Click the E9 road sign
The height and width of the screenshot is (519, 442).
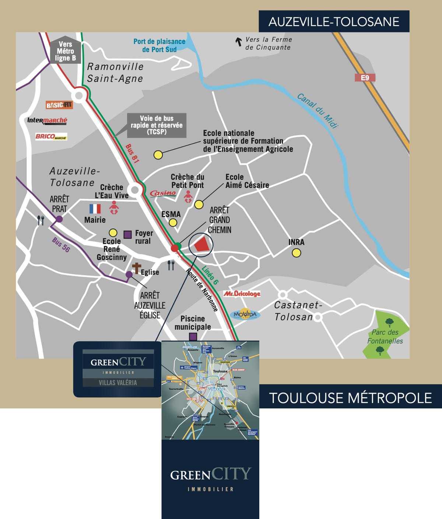[365, 78]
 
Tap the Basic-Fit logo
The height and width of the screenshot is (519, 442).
[59, 105]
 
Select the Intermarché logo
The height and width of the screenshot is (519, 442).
[47, 121]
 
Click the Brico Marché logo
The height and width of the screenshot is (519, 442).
[51, 136]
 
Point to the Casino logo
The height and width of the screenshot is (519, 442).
[163, 193]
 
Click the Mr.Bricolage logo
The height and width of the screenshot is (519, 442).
[242, 294]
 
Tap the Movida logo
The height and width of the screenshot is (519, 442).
[245, 314]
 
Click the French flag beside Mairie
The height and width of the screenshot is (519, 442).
[95, 209]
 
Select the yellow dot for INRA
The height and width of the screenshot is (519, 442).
[296, 253]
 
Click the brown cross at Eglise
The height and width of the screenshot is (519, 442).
[137, 268]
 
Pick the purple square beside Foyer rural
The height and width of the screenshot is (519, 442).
[127, 234]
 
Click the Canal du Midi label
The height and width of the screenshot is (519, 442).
[317, 111]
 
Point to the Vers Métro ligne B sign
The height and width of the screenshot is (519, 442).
[66, 51]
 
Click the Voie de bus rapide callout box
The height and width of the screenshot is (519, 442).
[157, 125]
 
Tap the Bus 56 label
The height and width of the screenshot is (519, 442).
[61, 244]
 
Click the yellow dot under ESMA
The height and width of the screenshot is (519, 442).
[173, 223]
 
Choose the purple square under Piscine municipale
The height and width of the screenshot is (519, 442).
[193, 337]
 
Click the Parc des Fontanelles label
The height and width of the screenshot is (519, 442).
[385, 336]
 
